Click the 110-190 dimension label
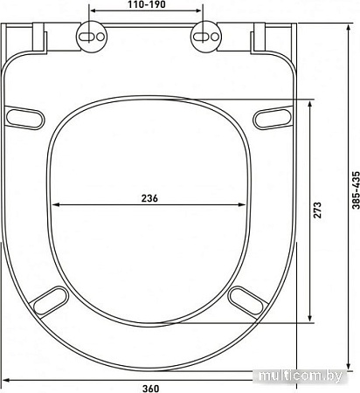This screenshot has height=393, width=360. [x=147, y=4]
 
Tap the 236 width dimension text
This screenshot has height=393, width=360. [x=149, y=198]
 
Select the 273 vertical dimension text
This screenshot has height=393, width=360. [x=317, y=210]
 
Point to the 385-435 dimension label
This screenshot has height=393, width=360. [x=356, y=190]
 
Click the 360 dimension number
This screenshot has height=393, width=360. [x=151, y=389]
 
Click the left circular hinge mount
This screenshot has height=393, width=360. [x=92, y=37]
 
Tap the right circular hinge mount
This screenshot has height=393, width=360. [x=206, y=37]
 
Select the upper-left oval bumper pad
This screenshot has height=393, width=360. [x=25, y=118]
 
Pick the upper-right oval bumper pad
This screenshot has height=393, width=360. [x=272, y=118]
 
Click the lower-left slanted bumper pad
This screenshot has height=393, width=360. [x=50, y=301]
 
